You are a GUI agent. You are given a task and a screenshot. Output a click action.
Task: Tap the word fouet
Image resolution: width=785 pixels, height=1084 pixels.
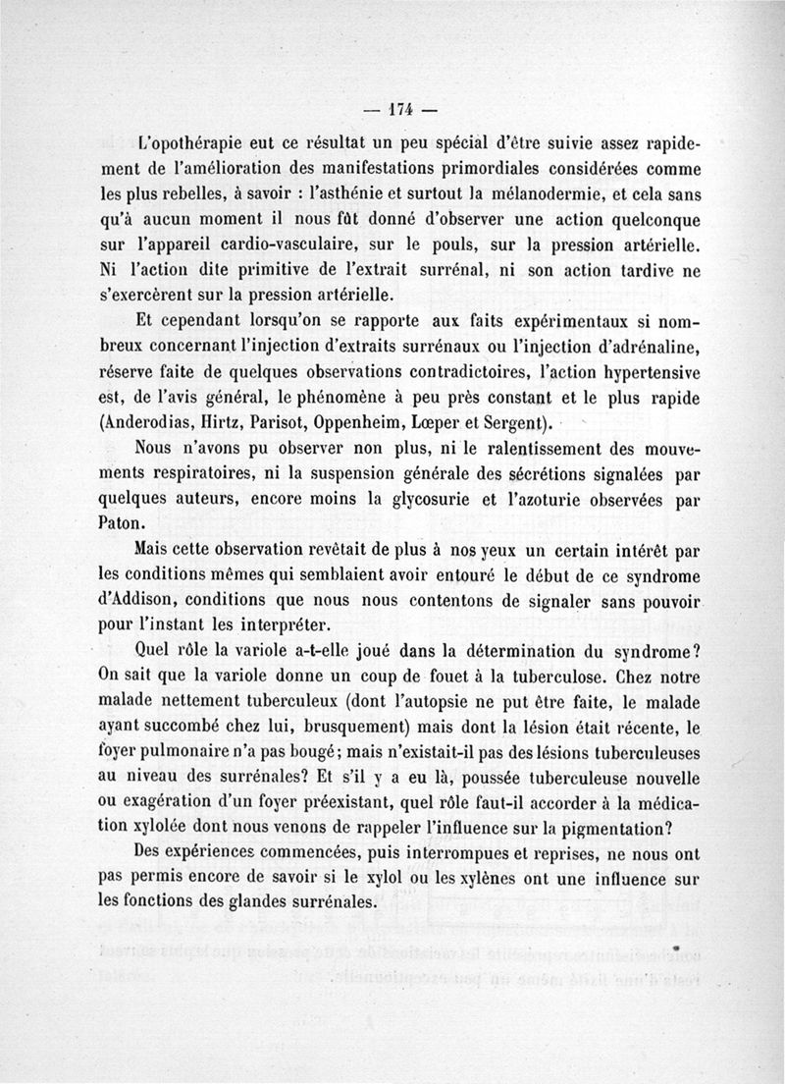[444, 676]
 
